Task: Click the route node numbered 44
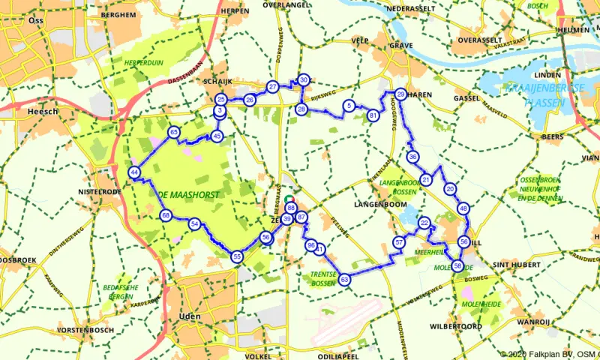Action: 134,172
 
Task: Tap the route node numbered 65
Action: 174,132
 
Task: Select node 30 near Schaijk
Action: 303,79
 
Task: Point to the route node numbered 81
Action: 373,115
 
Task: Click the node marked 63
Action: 344,280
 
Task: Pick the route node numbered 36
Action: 412,157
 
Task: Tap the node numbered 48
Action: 463,208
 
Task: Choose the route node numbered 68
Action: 166,216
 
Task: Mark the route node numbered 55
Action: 237,256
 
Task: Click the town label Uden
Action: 190,316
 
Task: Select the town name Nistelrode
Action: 100,192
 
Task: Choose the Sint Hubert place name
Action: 512,265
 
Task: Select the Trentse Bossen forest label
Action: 324,279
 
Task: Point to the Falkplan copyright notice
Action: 549,354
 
